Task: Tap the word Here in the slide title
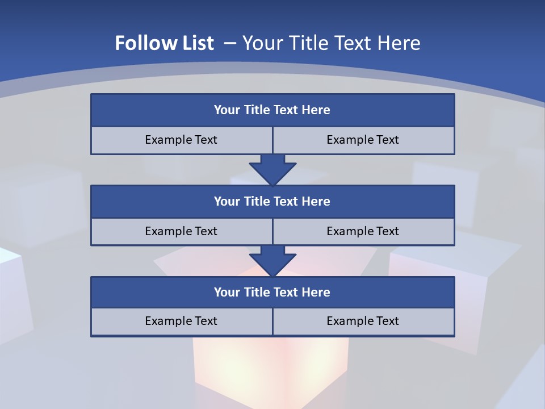pyautogui.click(x=400, y=43)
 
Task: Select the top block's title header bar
pyautogui.click(x=272, y=110)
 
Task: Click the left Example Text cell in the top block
pyautogui.click(x=181, y=140)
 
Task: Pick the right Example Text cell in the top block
pyautogui.click(x=363, y=140)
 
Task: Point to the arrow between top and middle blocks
pyautogui.click(x=272, y=169)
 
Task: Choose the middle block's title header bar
pyautogui.click(x=272, y=202)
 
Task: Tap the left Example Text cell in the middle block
pyautogui.click(x=181, y=231)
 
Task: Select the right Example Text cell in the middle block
pyautogui.click(x=363, y=231)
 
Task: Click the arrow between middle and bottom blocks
pyautogui.click(x=272, y=261)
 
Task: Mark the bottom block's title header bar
pyautogui.click(x=272, y=293)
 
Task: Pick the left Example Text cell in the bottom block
pyautogui.click(x=181, y=321)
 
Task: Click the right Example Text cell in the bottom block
pyautogui.click(x=363, y=321)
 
